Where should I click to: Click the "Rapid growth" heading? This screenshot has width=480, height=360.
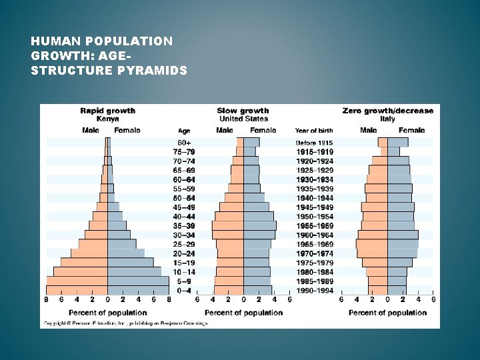point(107,111)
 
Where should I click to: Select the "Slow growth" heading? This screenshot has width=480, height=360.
point(243,111)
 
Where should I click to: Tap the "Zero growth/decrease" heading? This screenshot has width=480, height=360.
point(387,111)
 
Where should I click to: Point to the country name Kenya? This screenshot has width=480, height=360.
point(107,119)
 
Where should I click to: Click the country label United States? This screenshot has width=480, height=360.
point(243,119)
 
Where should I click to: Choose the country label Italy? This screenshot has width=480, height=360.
point(387,119)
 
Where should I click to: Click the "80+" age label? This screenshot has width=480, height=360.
point(184,143)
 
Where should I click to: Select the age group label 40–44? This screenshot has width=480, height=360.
point(184,217)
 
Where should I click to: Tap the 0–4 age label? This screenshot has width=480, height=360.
point(184,291)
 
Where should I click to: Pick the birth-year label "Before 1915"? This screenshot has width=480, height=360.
point(314,143)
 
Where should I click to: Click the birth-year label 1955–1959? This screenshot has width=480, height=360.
point(314,226)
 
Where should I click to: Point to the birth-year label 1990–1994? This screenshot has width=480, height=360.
point(314,291)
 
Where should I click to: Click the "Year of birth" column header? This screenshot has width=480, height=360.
point(314,131)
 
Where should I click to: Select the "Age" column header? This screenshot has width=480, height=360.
point(184,131)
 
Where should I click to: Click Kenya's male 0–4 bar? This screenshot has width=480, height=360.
point(77,291)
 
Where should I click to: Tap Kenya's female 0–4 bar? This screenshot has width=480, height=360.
point(138,291)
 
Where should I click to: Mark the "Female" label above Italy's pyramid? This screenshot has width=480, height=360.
point(411,131)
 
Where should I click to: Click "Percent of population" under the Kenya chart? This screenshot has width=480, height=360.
point(107,313)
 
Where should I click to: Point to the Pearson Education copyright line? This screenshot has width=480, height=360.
point(125,323)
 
